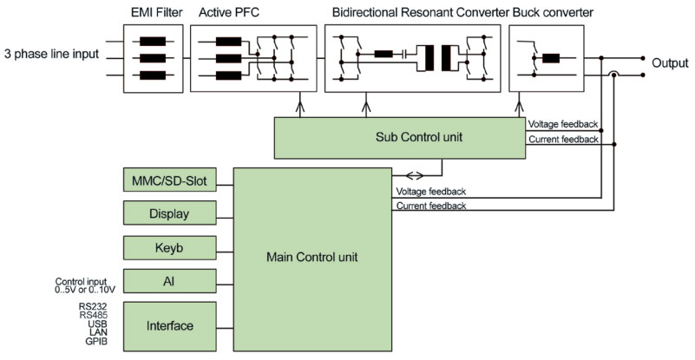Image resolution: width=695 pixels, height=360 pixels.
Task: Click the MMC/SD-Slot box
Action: pyautogui.click(x=170, y=181)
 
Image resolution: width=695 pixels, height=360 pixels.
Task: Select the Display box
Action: pyautogui.click(x=170, y=213)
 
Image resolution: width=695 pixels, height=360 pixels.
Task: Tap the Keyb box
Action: pyautogui.click(x=170, y=247)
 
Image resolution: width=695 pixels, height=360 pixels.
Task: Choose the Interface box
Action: pyautogui.click(x=170, y=325)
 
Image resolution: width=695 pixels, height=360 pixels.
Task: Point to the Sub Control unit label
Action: pyautogui.click(x=400, y=137)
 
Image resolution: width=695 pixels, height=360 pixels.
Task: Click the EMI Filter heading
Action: pyautogui.click(x=154, y=13)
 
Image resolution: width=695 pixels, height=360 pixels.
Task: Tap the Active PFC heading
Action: pyautogui.click(x=229, y=13)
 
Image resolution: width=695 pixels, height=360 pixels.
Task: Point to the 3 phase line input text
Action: pyautogui.click(x=49, y=55)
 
